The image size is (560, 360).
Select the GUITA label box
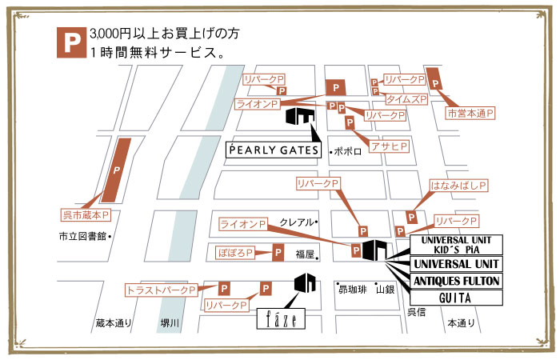[455, 298]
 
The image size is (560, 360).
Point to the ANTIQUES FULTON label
[455, 280]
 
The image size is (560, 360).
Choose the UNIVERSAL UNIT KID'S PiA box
[455, 243]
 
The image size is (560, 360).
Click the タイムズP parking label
[406, 99]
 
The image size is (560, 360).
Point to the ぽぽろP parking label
[236, 253]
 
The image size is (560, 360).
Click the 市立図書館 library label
[82, 236]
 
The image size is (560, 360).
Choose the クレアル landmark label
[297, 222]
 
